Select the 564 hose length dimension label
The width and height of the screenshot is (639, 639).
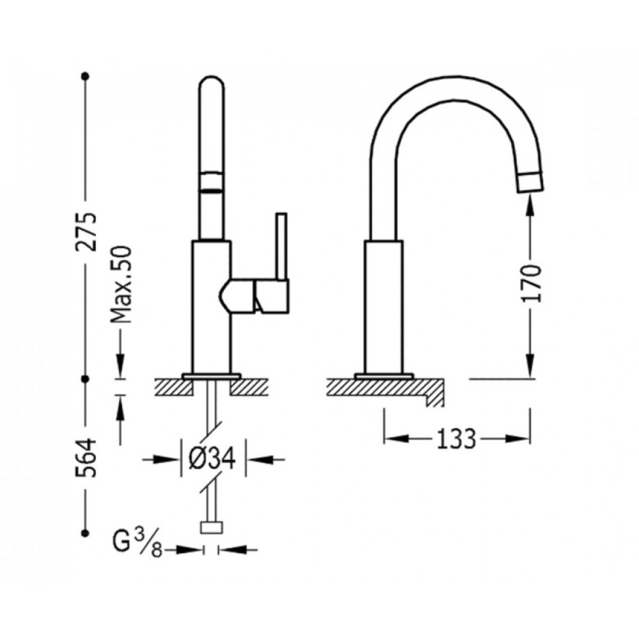(86, 458)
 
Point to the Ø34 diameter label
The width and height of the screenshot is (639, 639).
(212, 459)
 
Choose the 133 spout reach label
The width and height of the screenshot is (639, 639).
(456, 438)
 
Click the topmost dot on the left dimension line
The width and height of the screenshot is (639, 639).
(85, 76)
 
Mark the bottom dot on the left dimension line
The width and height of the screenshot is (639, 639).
(85, 533)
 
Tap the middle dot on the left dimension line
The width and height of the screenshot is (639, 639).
(85, 379)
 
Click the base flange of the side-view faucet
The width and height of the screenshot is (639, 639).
(384, 376)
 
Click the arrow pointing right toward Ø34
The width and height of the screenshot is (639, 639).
(162, 459)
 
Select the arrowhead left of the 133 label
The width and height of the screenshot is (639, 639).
(397, 438)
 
